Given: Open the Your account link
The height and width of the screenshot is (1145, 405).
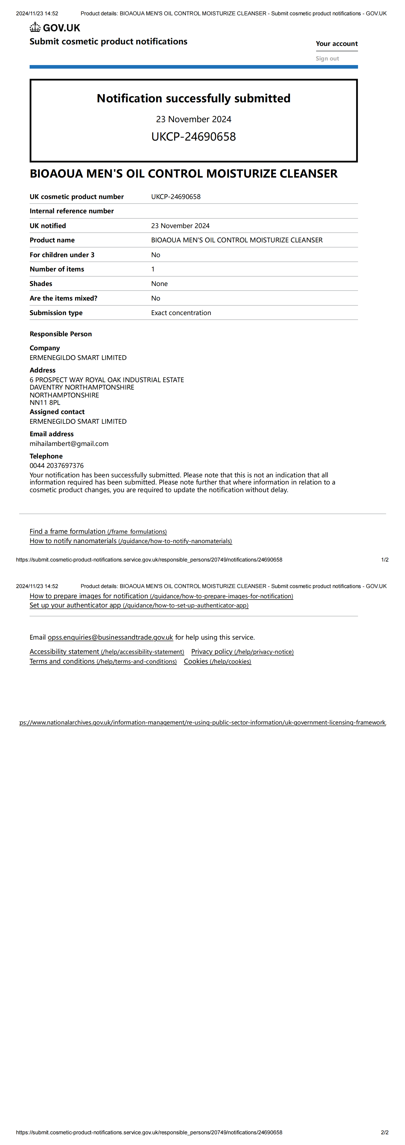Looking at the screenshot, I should tap(337, 44).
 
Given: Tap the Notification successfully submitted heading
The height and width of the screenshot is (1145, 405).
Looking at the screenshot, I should tap(194, 98).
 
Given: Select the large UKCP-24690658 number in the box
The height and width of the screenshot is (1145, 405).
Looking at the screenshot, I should tap(194, 136).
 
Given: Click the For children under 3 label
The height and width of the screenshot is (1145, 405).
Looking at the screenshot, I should tap(62, 255).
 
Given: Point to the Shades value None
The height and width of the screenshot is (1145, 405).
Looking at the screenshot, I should tap(159, 284).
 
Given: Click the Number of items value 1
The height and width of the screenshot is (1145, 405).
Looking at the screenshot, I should tap(153, 269).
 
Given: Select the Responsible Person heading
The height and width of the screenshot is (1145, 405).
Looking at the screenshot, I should tap(61, 334).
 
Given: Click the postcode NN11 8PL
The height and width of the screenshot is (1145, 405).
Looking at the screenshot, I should tap(45, 402).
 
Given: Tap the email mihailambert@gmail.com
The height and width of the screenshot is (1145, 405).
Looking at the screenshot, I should tap(69, 444).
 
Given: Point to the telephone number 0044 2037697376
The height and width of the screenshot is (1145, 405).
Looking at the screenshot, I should tap(56, 465).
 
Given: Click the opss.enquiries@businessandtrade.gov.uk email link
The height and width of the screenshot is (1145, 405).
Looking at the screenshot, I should tap(110, 637).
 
